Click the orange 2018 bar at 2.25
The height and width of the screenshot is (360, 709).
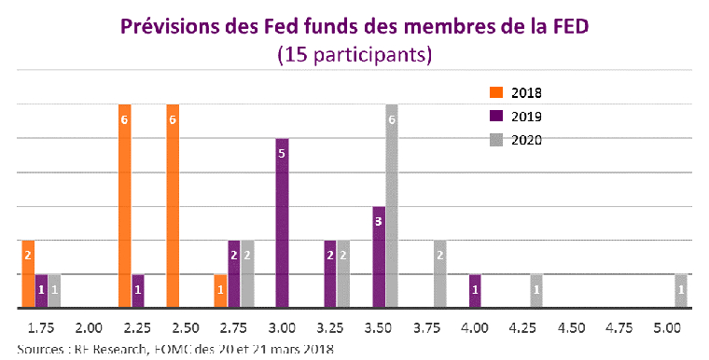(x=124, y=205)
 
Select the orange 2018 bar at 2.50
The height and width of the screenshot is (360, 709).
(x=173, y=205)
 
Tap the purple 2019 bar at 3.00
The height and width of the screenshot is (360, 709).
(x=282, y=223)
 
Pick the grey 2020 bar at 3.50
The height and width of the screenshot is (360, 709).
(x=392, y=205)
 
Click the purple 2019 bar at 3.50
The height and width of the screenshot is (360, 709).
(x=379, y=256)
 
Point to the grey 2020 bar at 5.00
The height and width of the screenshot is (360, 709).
(x=681, y=290)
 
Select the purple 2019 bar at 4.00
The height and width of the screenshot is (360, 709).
(x=475, y=290)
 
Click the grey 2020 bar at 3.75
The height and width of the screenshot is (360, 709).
(x=440, y=273)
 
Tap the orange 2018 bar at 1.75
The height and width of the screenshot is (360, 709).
(x=28, y=273)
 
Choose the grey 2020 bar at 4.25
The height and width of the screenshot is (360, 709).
(x=536, y=290)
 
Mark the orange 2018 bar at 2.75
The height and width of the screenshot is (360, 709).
(x=220, y=290)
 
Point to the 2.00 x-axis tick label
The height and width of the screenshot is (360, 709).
(x=89, y=328)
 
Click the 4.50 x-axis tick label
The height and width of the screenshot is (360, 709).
(x=571, y=328)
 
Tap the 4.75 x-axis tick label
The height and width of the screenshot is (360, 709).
(x=619, y=328)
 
